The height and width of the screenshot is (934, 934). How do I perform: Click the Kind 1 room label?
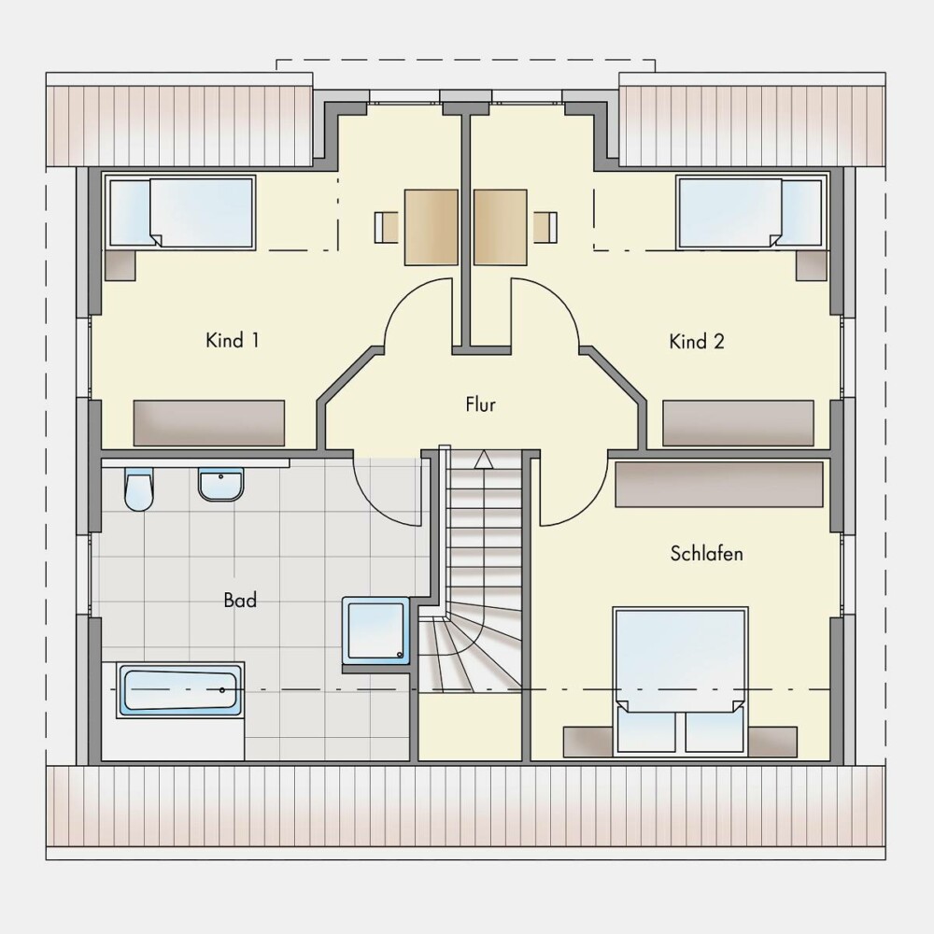click(x=233, y=341)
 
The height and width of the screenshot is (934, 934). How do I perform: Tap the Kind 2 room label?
click(x=697, y=342)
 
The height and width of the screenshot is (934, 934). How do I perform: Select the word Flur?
click(x=480, y=405)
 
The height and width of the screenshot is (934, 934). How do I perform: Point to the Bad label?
click(x=240, y=600)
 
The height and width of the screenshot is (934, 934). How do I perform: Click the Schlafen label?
click(x=706, y=553)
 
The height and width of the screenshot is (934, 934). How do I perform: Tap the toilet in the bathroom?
click(x=139, y=489)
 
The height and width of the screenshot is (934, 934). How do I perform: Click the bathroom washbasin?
click(x=221, y=484)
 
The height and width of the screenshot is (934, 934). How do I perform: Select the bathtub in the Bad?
click(x=181, y=690)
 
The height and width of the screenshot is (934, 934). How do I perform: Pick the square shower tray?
click(x=376, y=630)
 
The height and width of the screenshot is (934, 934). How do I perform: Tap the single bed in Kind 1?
click(x=181, y=212)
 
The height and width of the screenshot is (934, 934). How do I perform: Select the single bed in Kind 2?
click(x=753, y=212)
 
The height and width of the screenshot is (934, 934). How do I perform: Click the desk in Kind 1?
click(x=432, y=227)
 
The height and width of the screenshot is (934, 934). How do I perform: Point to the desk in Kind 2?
click(x=501, y=227)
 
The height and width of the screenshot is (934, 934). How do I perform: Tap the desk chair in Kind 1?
click(x=387, y=227)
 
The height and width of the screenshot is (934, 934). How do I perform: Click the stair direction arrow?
click(x=484, y=460)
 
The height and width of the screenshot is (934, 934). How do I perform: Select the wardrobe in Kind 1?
click(x=209, y=423)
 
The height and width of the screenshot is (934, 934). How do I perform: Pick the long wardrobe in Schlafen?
click(x=719, y=484)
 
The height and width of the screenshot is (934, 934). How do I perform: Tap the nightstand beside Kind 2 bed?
click(x=812, y=265)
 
